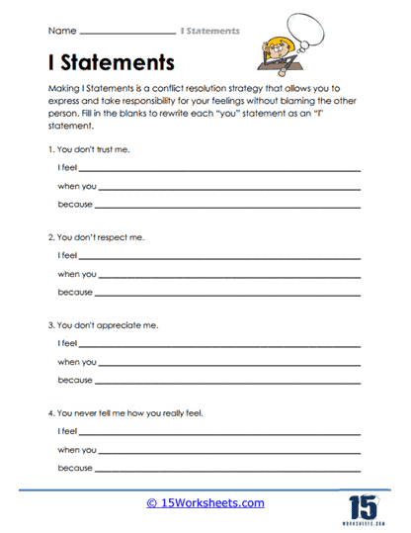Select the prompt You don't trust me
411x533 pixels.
click(x=88, y=149)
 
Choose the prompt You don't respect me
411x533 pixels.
click(x=92, y=238)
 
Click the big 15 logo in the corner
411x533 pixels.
click(x=368, y=502)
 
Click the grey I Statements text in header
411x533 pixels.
click(x=208, y=32)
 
